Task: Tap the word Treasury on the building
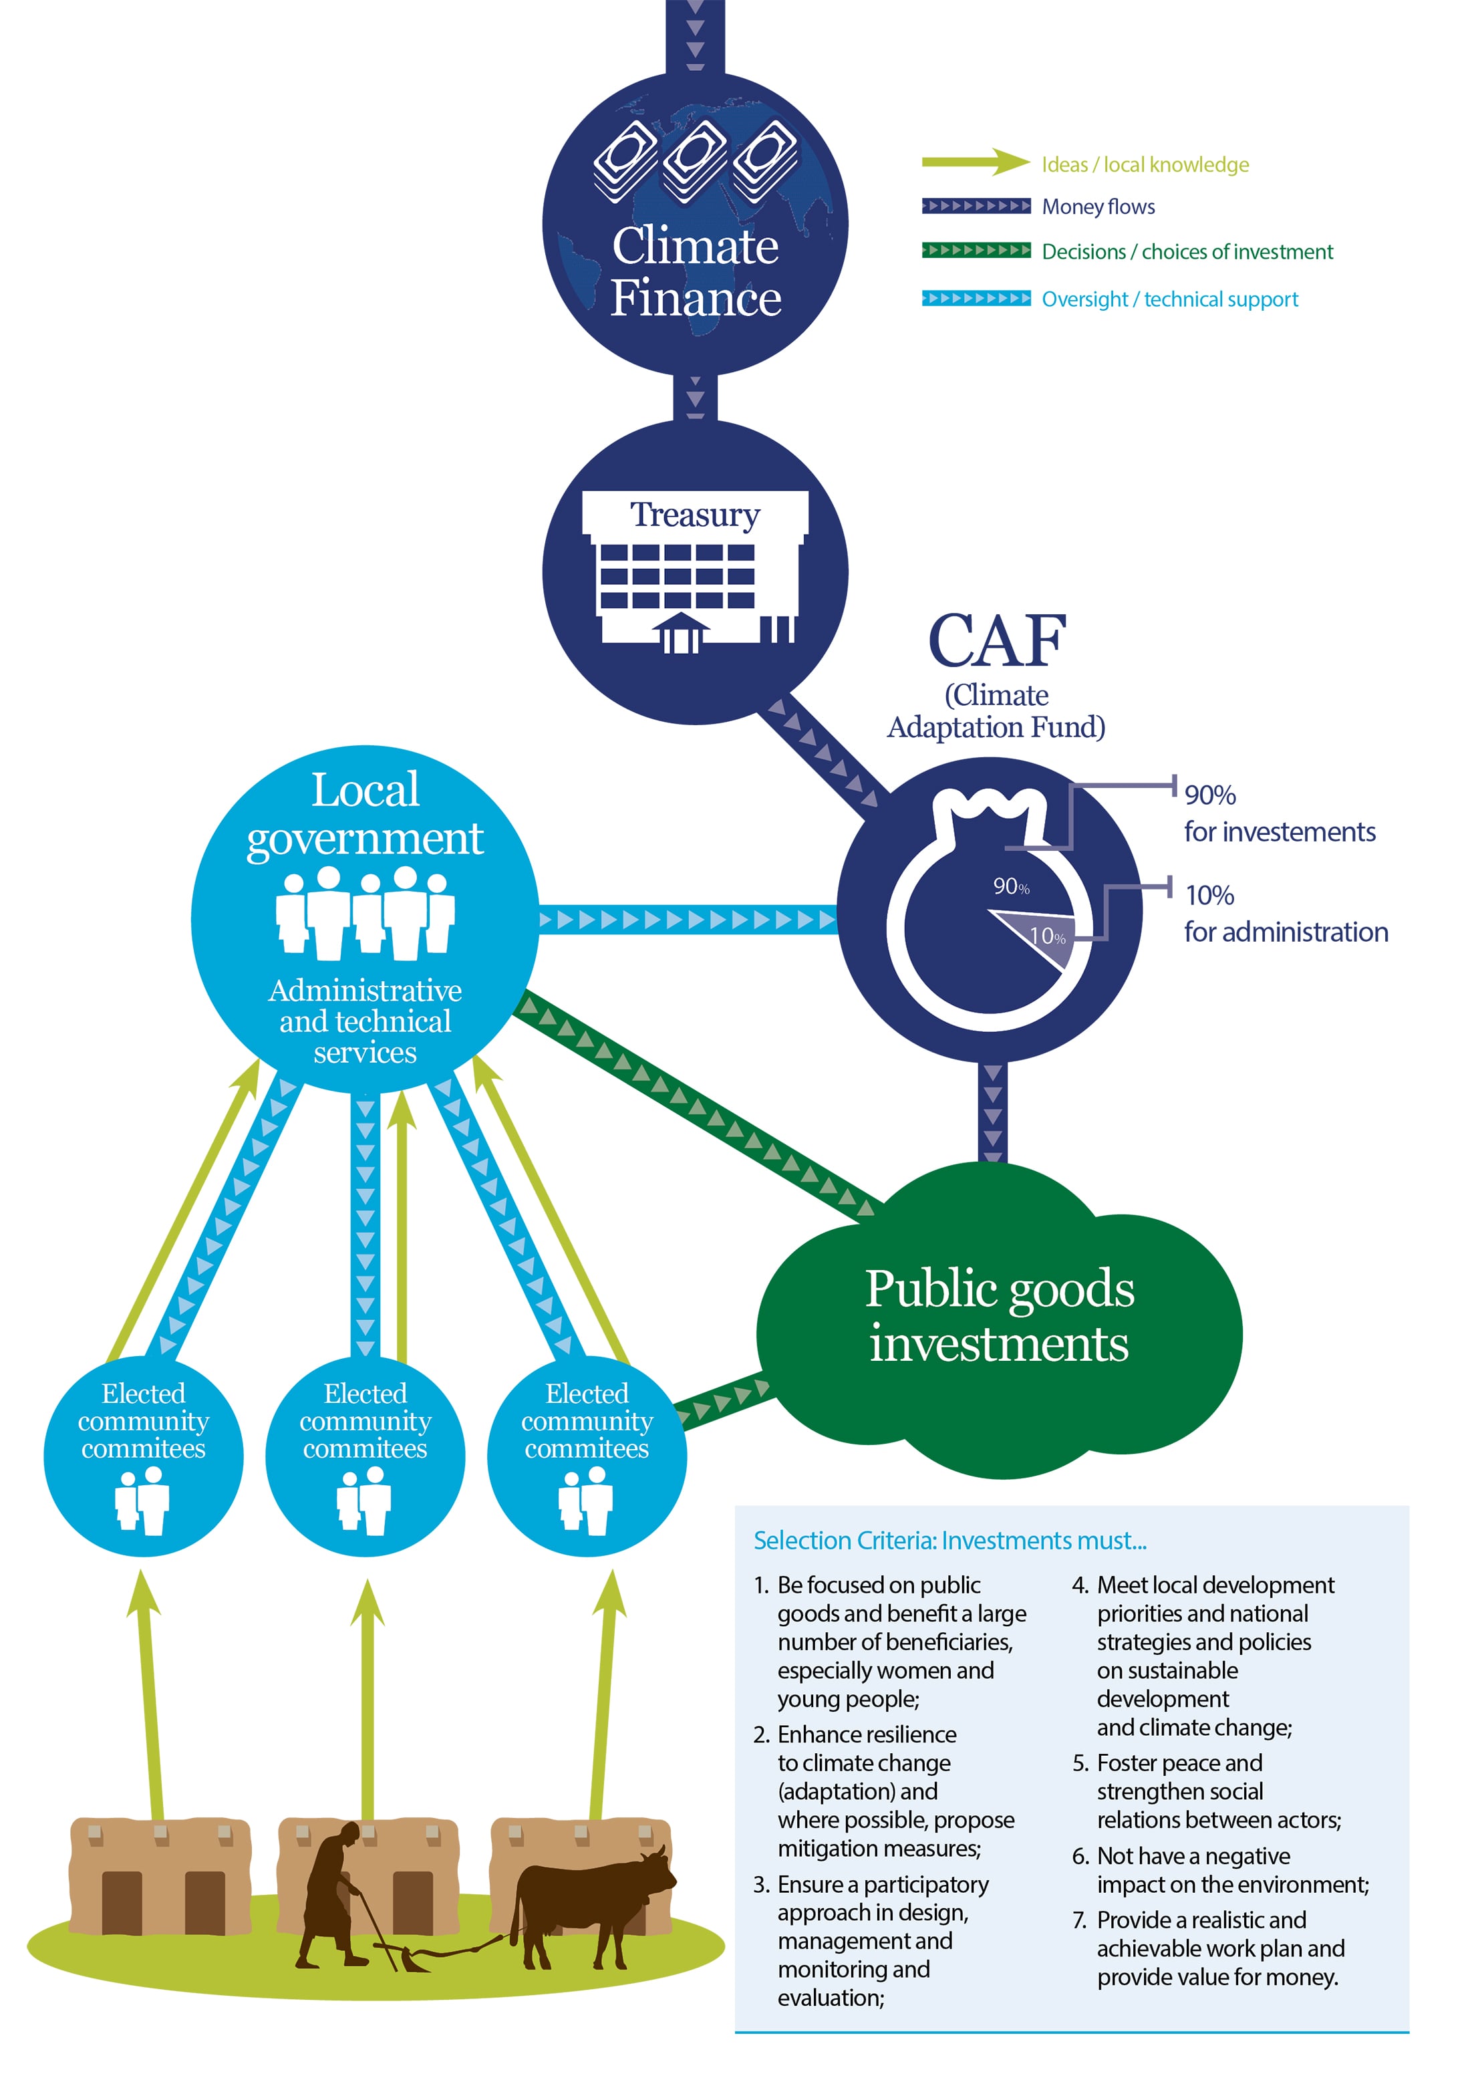695,515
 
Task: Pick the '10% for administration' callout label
1285,913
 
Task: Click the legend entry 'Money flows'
1098,207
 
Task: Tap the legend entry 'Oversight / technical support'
1169,299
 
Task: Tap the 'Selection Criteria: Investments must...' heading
949,1540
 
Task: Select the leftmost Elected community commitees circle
143,1456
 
